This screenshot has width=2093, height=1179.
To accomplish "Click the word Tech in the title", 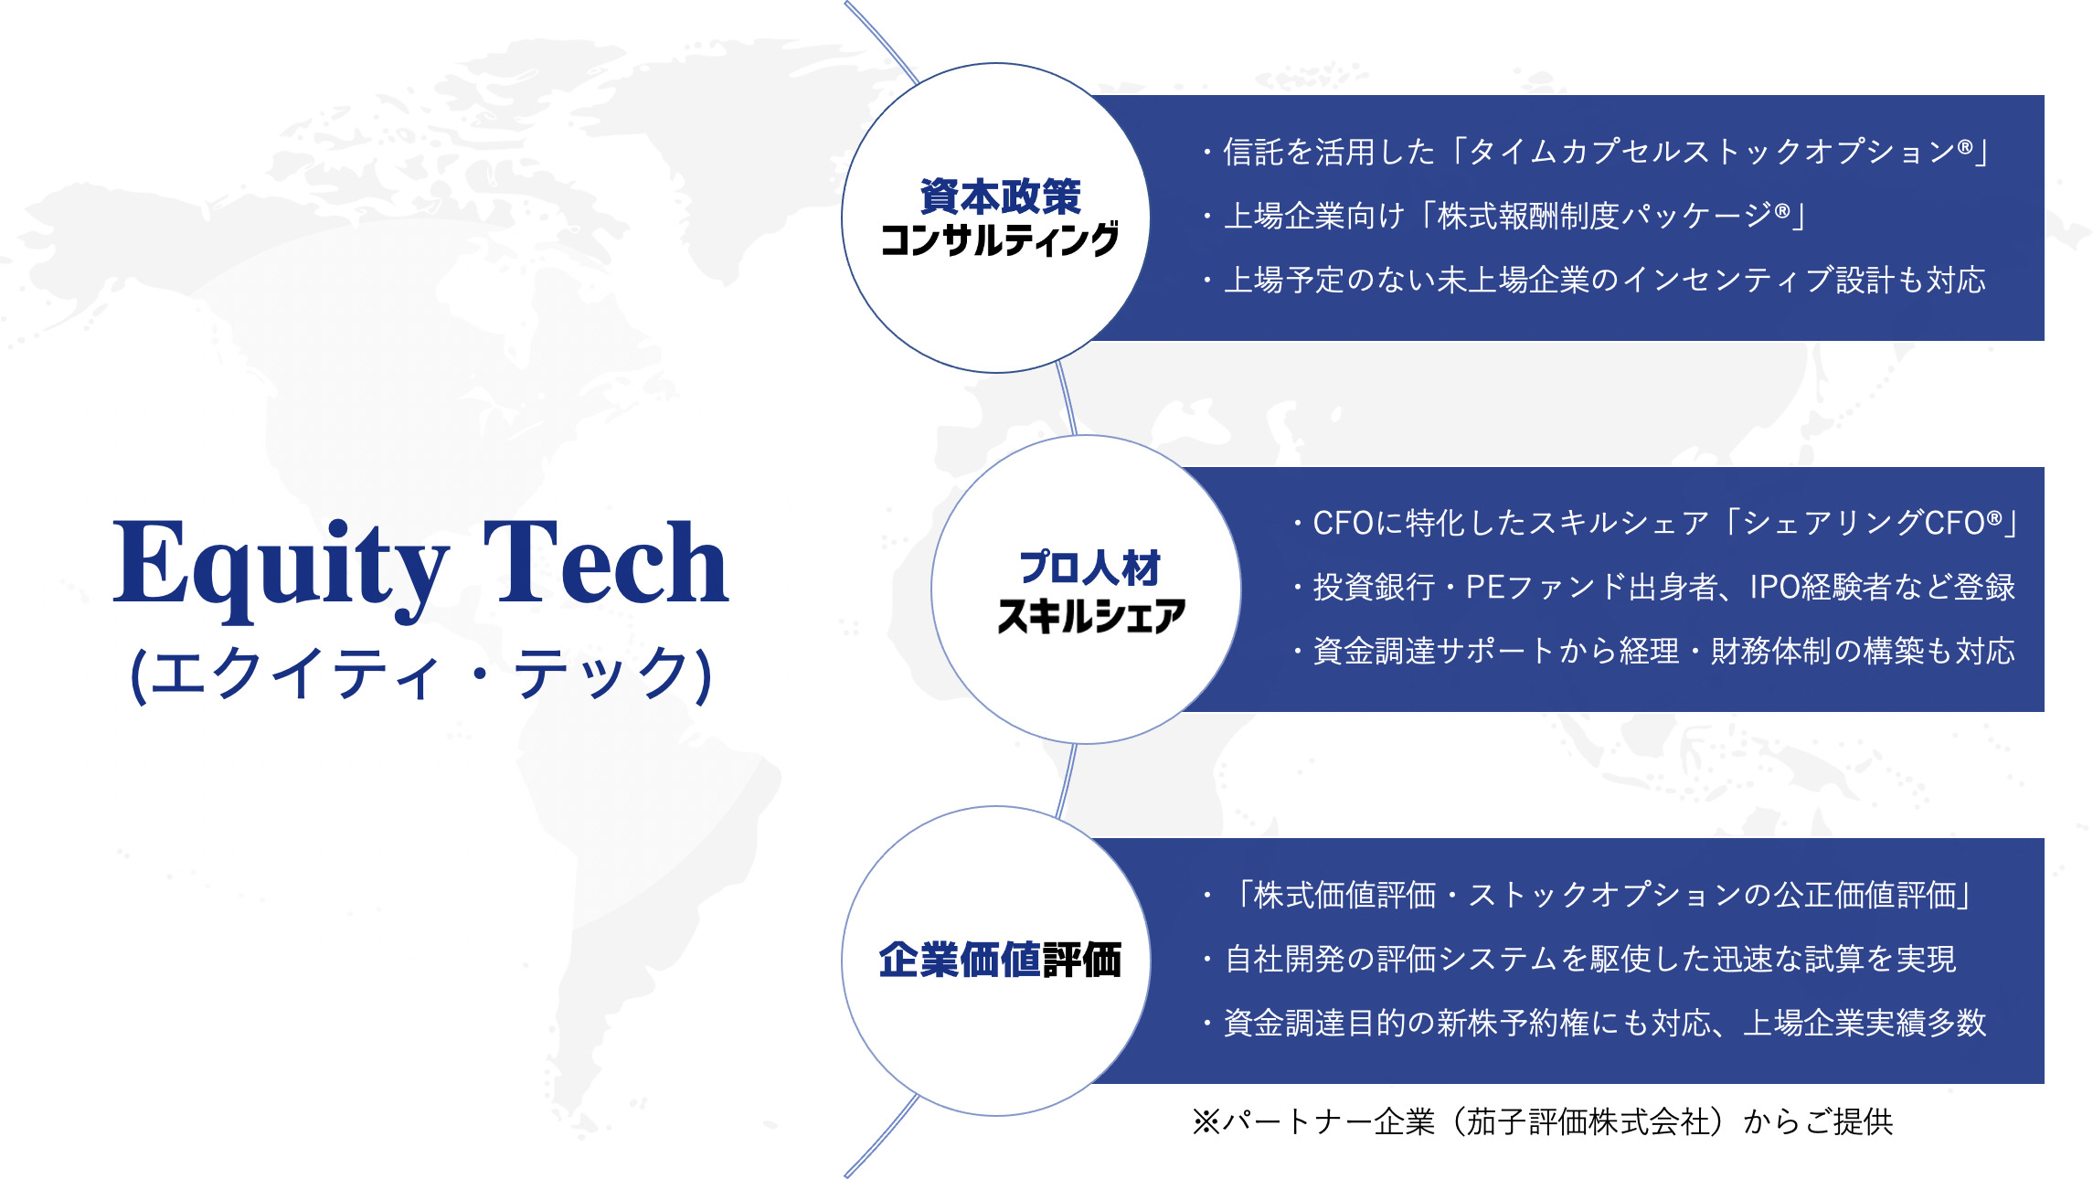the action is pos(605,561).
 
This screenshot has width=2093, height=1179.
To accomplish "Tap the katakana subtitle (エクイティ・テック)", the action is pos(421,674).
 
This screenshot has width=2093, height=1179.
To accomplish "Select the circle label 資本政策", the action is pos(1000,196).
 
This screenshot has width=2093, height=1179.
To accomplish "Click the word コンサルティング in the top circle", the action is pos(999,239).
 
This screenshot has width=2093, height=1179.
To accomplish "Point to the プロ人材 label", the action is pos(1089,568).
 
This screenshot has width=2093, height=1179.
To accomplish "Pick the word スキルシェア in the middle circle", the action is pos(1090,615).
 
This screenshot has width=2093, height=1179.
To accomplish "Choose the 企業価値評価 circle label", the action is pos(1000,961).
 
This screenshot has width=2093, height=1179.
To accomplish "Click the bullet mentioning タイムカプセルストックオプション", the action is pos(1595,152).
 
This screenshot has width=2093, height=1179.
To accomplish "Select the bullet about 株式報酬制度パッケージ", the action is pos(1503,216).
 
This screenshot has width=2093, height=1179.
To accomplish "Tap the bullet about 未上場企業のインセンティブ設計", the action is pos(1593,280).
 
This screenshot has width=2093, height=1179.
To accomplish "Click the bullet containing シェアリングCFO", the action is pos(1654,523).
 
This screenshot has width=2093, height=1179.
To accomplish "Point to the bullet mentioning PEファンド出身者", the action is pos(1653,587).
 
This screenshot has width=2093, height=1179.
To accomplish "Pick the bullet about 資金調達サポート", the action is pos(1653,651).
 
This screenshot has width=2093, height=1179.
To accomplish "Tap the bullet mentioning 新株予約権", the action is pos(1594,1023).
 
